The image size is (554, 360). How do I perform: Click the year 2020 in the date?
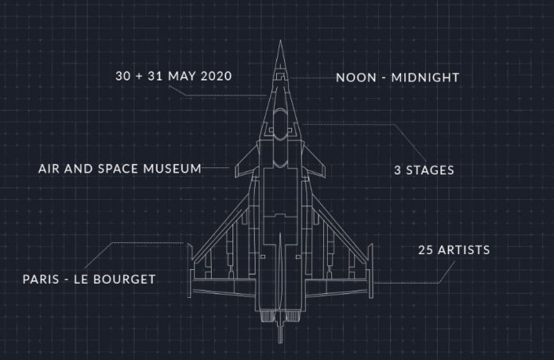click(216, 76)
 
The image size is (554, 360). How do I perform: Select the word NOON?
click(356, 78)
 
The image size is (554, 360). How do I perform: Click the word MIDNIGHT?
click(425, 78)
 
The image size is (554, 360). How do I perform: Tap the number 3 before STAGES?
click(397, 170)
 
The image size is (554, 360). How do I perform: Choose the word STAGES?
click(430, 170)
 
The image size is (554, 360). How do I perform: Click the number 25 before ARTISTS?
click(426, 250)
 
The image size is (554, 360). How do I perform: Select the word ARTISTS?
click(464, 250)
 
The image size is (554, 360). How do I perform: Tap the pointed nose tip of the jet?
click(280, 41)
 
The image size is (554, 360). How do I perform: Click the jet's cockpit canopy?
click(280, 124)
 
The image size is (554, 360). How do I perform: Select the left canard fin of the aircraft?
click(247, 162)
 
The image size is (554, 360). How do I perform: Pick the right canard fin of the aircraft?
click(314, 162)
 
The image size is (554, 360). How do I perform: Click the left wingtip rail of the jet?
click(189, 271)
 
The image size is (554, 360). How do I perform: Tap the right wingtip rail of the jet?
click(371, 271)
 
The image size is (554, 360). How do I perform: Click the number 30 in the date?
click(123, 76)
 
